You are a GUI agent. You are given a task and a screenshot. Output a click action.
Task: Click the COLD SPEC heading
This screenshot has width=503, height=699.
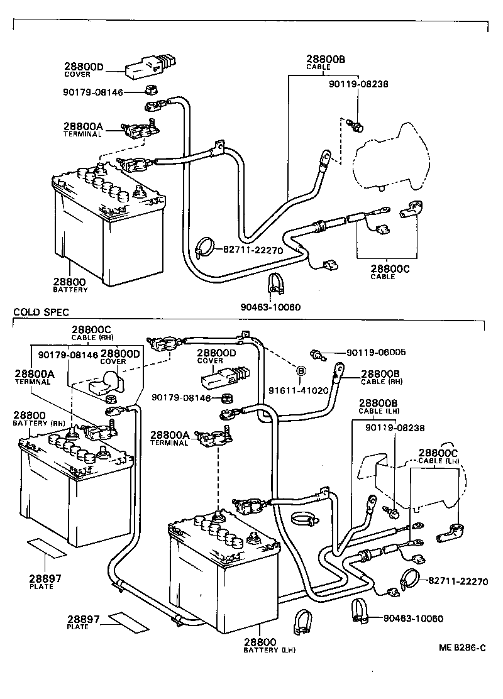[x=41, y=312]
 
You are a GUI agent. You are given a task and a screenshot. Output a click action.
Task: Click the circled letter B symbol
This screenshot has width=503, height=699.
[x=301, y=370]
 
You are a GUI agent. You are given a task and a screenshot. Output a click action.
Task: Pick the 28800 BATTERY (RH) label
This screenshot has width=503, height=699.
[x=35, y=419]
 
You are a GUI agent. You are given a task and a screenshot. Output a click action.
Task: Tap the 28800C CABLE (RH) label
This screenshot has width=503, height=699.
[x=91, y=333]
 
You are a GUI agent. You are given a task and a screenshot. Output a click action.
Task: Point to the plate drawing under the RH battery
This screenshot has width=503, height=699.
[x=46, y=547]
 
